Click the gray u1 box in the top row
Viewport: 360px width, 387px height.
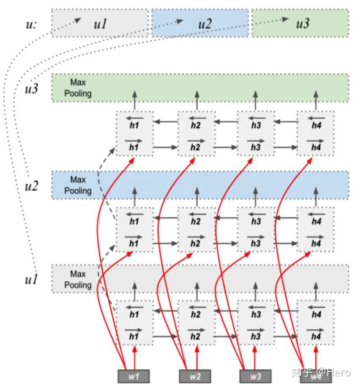tap(100, 24)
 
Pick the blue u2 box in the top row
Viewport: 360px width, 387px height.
tap(200, 24)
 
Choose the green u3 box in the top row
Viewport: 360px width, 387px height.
tap(300, 24)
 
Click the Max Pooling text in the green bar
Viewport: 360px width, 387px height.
tap(78, 88)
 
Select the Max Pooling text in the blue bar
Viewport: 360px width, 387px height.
tap(78, 185)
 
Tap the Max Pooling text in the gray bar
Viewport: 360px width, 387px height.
tap(78, 280)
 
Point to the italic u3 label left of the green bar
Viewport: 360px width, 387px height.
tap(32, 89)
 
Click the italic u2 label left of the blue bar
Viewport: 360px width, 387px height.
tap(32, 186)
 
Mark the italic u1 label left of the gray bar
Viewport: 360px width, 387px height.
tap(32, 279)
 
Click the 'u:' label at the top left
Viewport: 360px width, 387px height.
tap(31, 24)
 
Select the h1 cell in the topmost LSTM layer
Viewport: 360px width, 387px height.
tap(134, 133)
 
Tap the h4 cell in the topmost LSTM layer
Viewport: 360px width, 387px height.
tap(316, 133)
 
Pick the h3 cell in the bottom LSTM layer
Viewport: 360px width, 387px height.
tap(256, 323)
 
